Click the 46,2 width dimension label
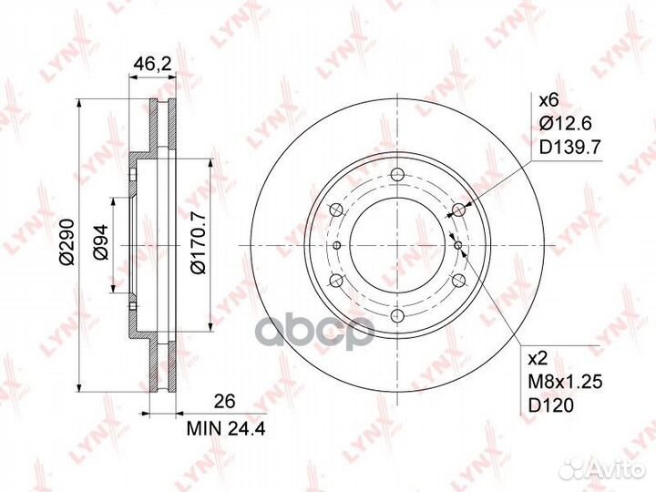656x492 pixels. point(152,64)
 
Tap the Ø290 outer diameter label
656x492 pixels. point(67,241)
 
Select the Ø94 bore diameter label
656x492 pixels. point(100,242)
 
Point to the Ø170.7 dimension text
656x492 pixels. point(199,242)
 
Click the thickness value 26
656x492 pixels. point(225,401)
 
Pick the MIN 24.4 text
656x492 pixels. point(226,429)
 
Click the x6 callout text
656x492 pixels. point(548,100)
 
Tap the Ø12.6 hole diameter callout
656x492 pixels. point(565,123)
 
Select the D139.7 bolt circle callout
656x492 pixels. point(569,147)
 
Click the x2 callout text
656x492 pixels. point(538,359)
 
